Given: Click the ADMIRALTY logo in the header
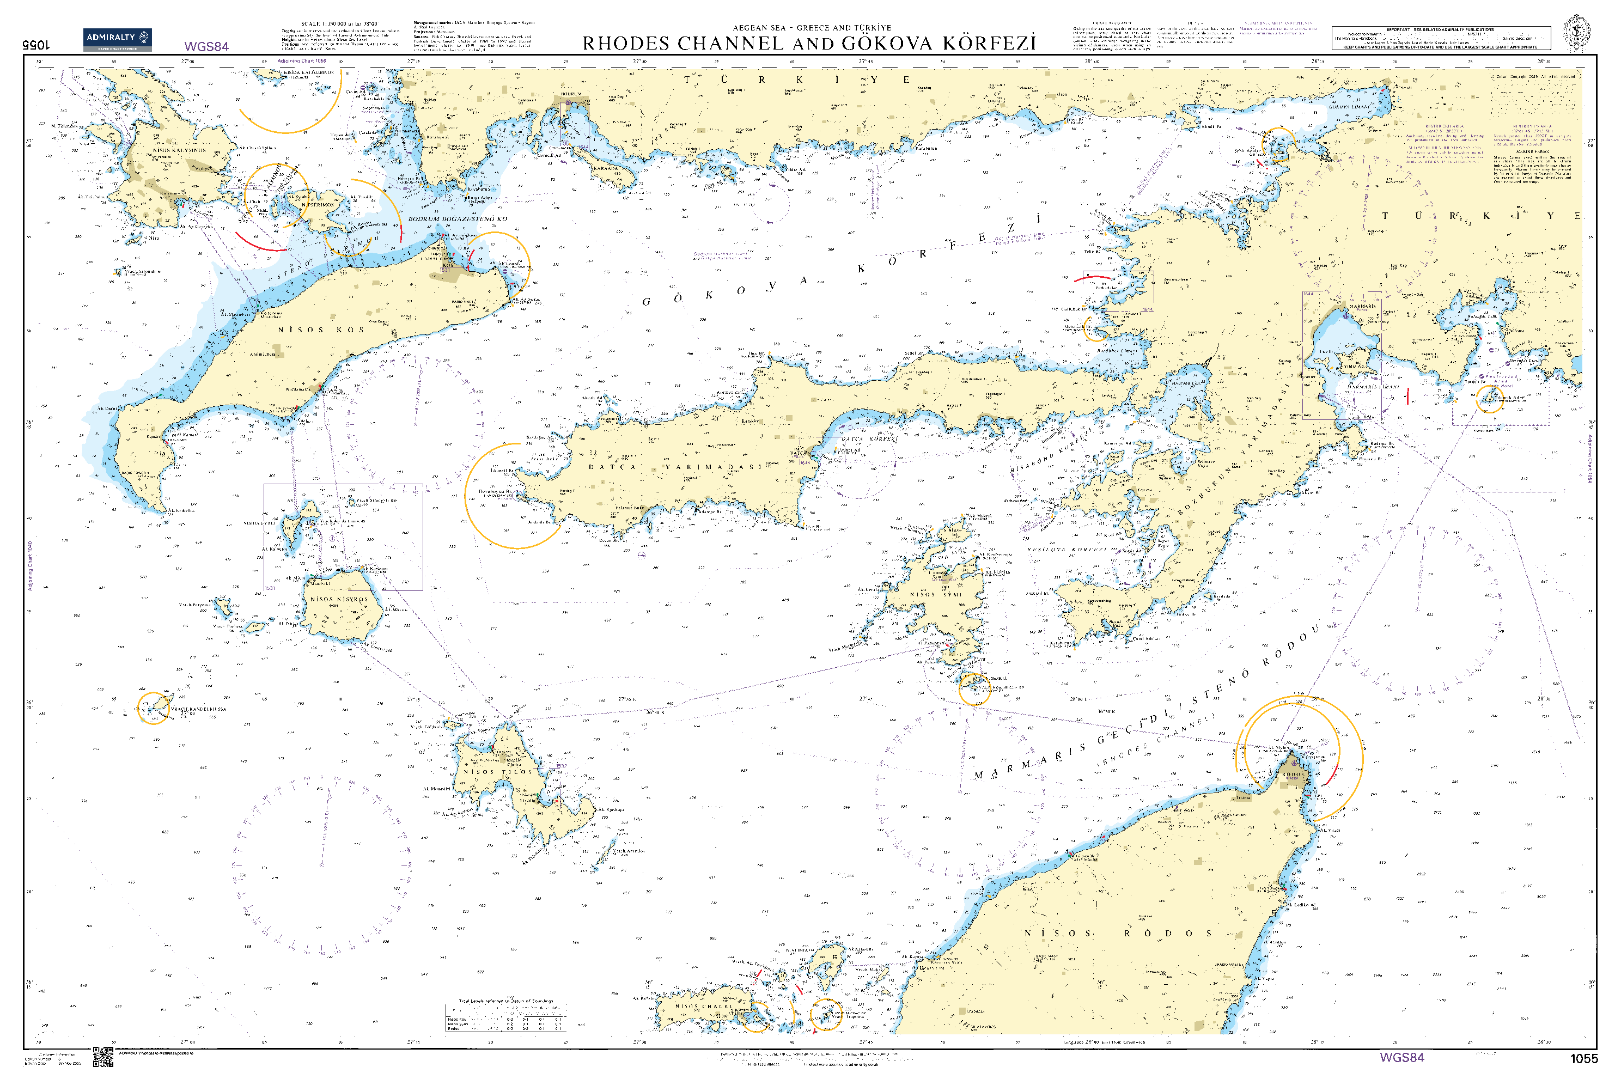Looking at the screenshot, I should (x=117, y=39).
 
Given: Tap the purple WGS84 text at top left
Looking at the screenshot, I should (x=206, y=46).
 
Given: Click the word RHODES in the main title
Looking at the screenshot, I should (x=625, y=44).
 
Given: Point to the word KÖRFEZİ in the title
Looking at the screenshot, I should (x=990, y=44).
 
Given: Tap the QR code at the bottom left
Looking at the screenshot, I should (x=102, y=1057).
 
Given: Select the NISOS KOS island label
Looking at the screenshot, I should (x=320, y=330).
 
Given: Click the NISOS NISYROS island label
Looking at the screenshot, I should (x=339, y=600).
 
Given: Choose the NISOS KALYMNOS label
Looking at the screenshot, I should (x=179, y=150).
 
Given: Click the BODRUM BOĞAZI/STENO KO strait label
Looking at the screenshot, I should (x=457, y=219).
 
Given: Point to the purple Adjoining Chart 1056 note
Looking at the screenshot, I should (x=301, y=61).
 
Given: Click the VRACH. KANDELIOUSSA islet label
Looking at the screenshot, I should (x=198, y=709).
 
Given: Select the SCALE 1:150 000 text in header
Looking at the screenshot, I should (x=339, y=24).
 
